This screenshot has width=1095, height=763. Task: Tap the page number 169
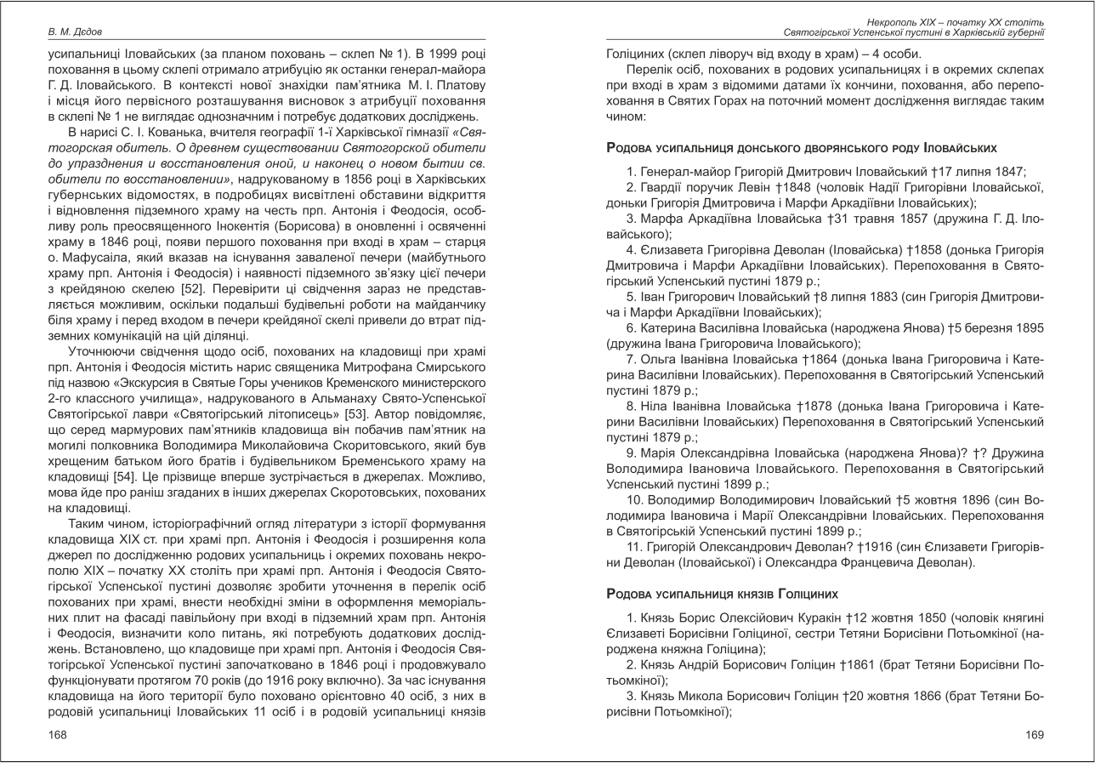(x=1034, y=733)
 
